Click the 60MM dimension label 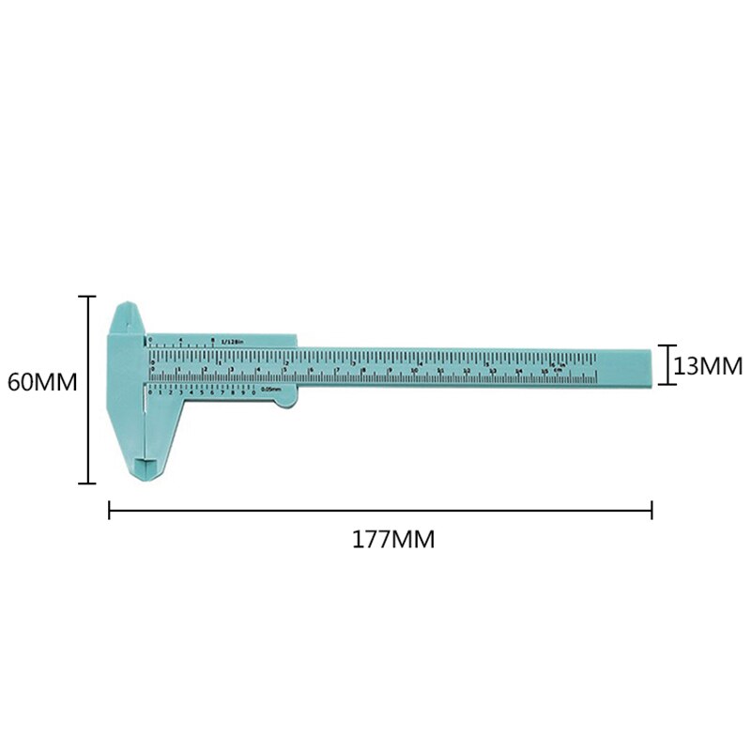pyautogui.click(x=41, y=382)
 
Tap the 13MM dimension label pyautogui.click(x=708, y=365)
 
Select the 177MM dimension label pyautogui.click(x=393, y=540)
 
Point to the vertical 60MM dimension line pyautogui.click(x=89, y=390)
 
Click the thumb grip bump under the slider pyautogui.click(x=287, y=400)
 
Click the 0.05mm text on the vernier pyautogui.click(x=270, y=390)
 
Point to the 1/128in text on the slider pyautogui.click(x=233, y=342)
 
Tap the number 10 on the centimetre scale pyautogui.click(x=414, y=372)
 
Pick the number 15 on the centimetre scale pyautogui.click(x=545, y=372)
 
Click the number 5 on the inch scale pyautogui.click(x=486, y=361)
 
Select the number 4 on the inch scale pyautogui.click(x=420, y=361)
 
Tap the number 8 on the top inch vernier pyautogui.click(x=214, y=339)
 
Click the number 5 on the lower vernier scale pyautogui.click(x=202, y=391)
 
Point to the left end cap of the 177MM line pyautogui.click(x=110, y=511)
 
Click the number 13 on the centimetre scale pyautogui.click(x=493, y=372)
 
